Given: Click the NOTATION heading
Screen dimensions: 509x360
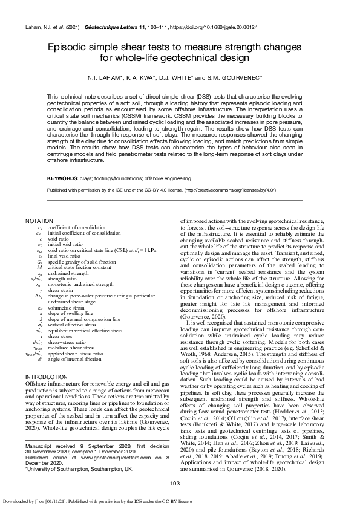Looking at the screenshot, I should click(x=39, y=222).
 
